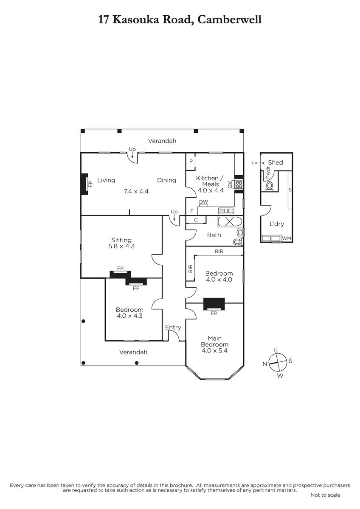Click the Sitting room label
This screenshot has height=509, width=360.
[121, 240]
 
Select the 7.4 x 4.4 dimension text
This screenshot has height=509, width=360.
[136, 191]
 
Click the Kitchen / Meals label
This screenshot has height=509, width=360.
[211, 181]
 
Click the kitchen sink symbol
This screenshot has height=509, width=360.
[226, 211]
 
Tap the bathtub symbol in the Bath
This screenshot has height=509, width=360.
[230, 221]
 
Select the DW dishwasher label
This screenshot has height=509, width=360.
[203, 202]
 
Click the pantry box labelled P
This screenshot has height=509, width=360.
[191, 162]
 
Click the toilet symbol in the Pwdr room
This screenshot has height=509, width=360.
[270, 186]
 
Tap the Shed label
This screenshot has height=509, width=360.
[276, 162]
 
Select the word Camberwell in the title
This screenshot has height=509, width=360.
[229, 20]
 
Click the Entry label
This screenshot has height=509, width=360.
[173, 327]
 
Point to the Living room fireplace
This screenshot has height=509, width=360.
[84, 184]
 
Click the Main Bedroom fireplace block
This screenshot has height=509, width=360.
[214, 304]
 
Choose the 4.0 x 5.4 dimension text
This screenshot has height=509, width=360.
[214, 350]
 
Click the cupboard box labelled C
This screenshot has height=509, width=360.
[196, 220]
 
